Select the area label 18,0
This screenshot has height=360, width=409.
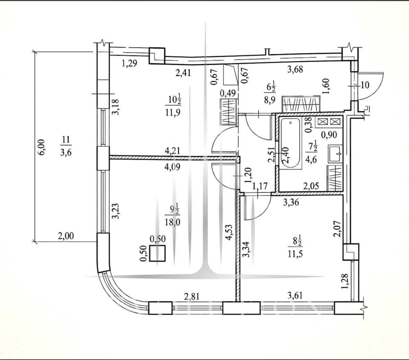click(172, 222)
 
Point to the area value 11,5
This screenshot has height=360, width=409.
click(296, 254)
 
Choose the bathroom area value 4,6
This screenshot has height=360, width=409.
click(311, 159)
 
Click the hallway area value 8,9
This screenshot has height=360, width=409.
click(270, 100)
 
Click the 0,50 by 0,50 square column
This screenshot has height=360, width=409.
click(157, 253)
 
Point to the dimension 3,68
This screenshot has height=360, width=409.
click(295, 70)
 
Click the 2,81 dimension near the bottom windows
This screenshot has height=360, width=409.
click(192, 296)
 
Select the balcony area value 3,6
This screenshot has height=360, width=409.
click(66, 152)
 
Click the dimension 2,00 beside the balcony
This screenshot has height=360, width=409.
click(66, 236)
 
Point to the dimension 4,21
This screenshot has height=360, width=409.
click(172, 150)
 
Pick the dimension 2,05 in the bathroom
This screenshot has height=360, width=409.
click(311, 186)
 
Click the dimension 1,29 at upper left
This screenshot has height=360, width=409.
click(129, 63)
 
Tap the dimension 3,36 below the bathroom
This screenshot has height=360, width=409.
click(291, 202)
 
